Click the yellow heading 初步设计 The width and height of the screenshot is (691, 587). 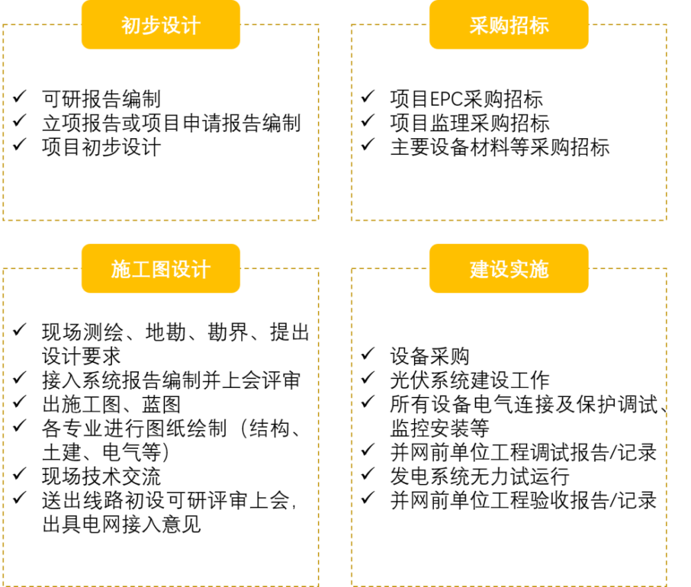(161, 25)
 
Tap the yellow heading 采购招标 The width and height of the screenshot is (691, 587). (509, 25)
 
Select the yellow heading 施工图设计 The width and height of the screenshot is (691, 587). (161, 269)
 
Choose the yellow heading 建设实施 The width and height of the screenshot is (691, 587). (509, 269)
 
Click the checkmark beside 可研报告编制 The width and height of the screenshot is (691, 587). (20, 96)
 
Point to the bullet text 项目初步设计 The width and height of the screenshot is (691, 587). (102, 147)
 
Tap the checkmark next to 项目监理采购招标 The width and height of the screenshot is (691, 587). (368, 120)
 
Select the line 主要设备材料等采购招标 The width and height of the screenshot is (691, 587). (500, 147)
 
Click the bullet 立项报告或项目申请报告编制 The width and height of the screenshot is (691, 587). (171, 123)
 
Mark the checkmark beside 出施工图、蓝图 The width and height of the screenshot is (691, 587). (20, 402)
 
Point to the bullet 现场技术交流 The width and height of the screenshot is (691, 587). (102, 476)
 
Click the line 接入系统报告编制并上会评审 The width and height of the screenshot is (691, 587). (171, 380)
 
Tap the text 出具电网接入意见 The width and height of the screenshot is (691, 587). (122, 524)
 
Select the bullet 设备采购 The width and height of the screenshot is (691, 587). (430, 356)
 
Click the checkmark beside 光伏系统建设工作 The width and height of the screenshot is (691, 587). (368, 378)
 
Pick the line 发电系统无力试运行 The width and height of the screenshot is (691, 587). (480, 476)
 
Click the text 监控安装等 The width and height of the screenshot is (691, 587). (439, 428)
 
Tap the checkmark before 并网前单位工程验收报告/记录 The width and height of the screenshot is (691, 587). (368, 498)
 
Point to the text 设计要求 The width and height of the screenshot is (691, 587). (82, 356)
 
